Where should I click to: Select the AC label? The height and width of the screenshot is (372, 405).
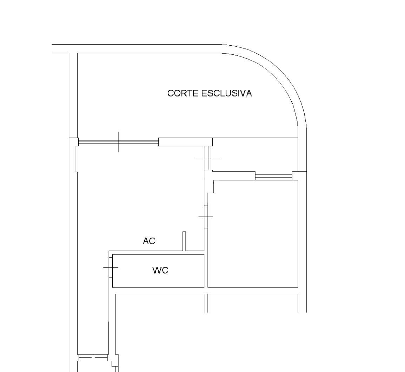click(x=149, y=241)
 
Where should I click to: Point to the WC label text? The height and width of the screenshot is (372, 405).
click(x=160, y=271)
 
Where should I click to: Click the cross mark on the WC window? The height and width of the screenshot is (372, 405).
click(x=111, y=267)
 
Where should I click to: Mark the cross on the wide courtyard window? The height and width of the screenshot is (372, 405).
click(x=119, y=142)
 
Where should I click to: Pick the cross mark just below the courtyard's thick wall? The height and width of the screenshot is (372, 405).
click(x=207, y=158)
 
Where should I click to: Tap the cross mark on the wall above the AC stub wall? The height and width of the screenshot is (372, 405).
click(x=206, y=217)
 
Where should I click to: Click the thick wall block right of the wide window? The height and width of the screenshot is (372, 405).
click(x=185, y=142)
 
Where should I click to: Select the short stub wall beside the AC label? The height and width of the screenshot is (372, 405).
click(x=184, y=241)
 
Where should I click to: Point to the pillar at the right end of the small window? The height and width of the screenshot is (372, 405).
click(x=299, y=175)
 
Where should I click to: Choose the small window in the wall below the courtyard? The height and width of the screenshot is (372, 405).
click(x=273, y=176)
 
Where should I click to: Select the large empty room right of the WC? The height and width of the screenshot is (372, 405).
click(x=253, y=233)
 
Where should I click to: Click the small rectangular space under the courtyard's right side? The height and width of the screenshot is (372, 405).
click(x=255, y=154)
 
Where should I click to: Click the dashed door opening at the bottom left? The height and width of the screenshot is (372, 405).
click(x=93, y=357)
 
